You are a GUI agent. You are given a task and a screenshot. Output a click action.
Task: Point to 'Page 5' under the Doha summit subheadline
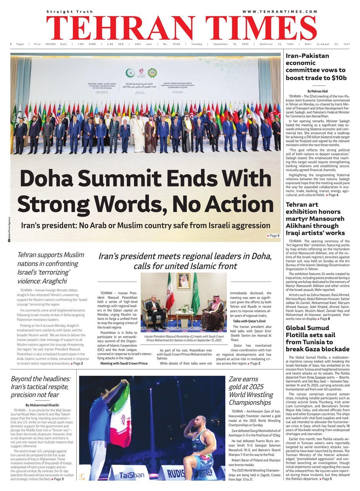(273, 236)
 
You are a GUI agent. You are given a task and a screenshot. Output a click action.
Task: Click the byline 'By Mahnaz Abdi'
(317, 91)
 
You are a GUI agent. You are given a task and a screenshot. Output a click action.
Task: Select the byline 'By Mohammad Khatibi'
(42, 405)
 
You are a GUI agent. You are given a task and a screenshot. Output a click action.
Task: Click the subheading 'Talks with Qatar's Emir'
(249, 321)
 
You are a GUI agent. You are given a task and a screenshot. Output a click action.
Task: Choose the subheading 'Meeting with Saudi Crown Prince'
(124, 363)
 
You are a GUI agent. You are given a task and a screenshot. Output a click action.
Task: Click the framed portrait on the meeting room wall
(183, 281)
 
